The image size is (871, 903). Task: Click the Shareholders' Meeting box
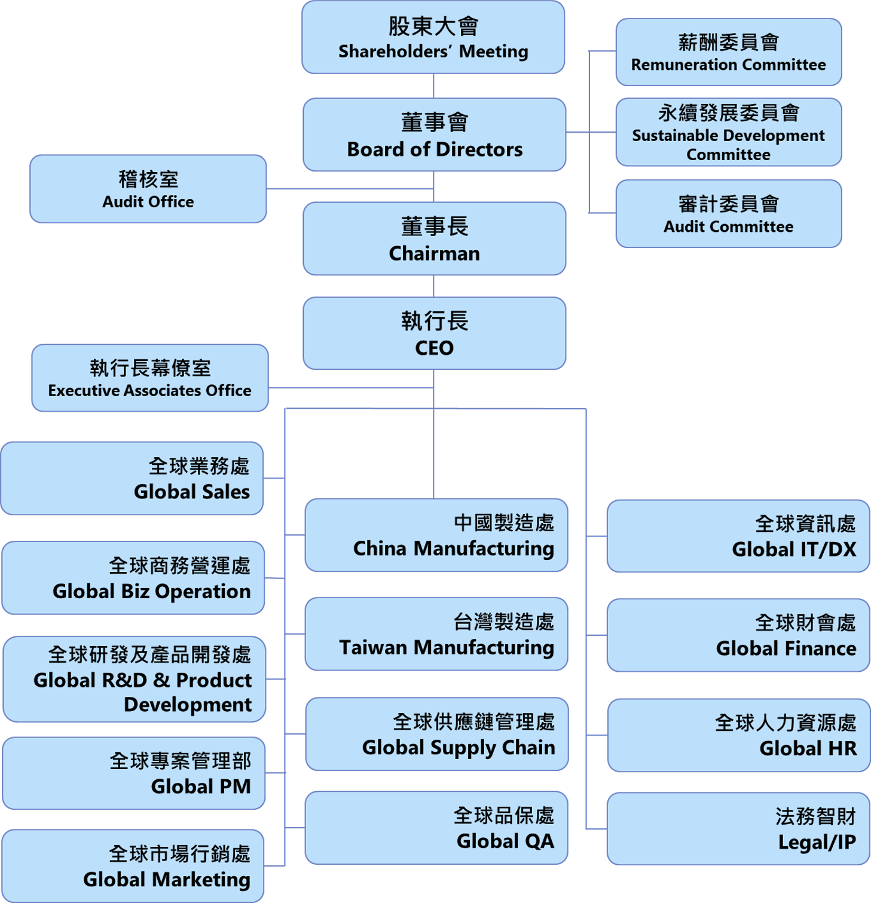pos(433,38)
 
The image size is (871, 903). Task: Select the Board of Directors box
pos(434,135)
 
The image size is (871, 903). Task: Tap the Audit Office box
pos(148,189)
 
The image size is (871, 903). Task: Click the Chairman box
pos(434,239)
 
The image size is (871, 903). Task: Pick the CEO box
pos(434,333)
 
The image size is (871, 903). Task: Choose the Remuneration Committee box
pos(728,52)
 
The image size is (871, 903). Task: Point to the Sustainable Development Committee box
pos(728,133)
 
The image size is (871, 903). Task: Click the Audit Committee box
pos(728,214)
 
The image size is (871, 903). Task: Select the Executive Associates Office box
pos(149,378)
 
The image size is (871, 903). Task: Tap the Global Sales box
pos(132,479)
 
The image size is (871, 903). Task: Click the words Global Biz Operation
pos(152,592)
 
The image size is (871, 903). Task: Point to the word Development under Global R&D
pos(188,705)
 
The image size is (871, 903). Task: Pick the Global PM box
pos(134,774)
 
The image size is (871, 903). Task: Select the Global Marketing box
pos(133,866)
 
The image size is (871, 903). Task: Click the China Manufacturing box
pos(436,535)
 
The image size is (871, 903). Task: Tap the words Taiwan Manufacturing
pos(447,648)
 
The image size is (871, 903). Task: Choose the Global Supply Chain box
pos(436,734)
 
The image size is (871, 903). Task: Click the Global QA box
pos(436,828)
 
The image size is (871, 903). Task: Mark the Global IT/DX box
pos(738,537)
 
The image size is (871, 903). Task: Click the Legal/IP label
pos(817,842)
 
